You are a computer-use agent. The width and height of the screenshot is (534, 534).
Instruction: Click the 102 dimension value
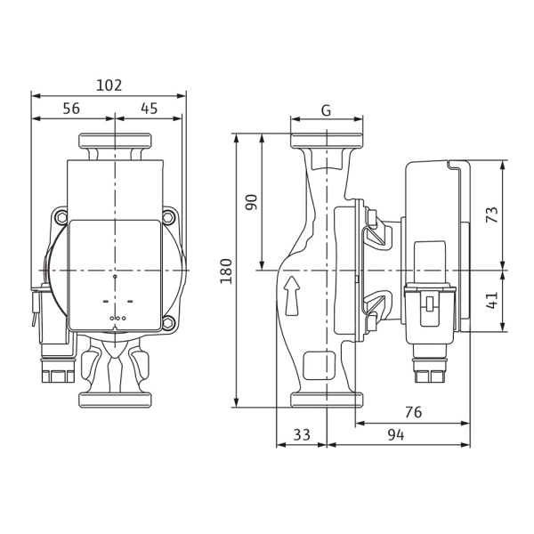[x=109, y=85]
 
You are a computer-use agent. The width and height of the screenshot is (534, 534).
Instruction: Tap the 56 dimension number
[x=71, y=109]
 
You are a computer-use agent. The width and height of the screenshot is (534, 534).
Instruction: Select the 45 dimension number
[x=150, y=109]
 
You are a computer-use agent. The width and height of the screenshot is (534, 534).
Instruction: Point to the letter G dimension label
[x=327, y=110]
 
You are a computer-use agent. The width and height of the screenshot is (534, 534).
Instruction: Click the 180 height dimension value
[x=226, y=271]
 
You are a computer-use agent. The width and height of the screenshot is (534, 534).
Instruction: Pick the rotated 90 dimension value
[x=252, y=202]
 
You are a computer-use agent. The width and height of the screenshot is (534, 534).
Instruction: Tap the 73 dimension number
[x=492, y=214]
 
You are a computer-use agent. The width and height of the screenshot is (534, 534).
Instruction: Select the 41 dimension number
[x=492, y=301]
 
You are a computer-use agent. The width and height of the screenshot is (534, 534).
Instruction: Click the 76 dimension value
[x=414, y=412]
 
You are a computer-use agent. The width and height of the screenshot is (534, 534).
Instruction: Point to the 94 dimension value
[x=396, y=435]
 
